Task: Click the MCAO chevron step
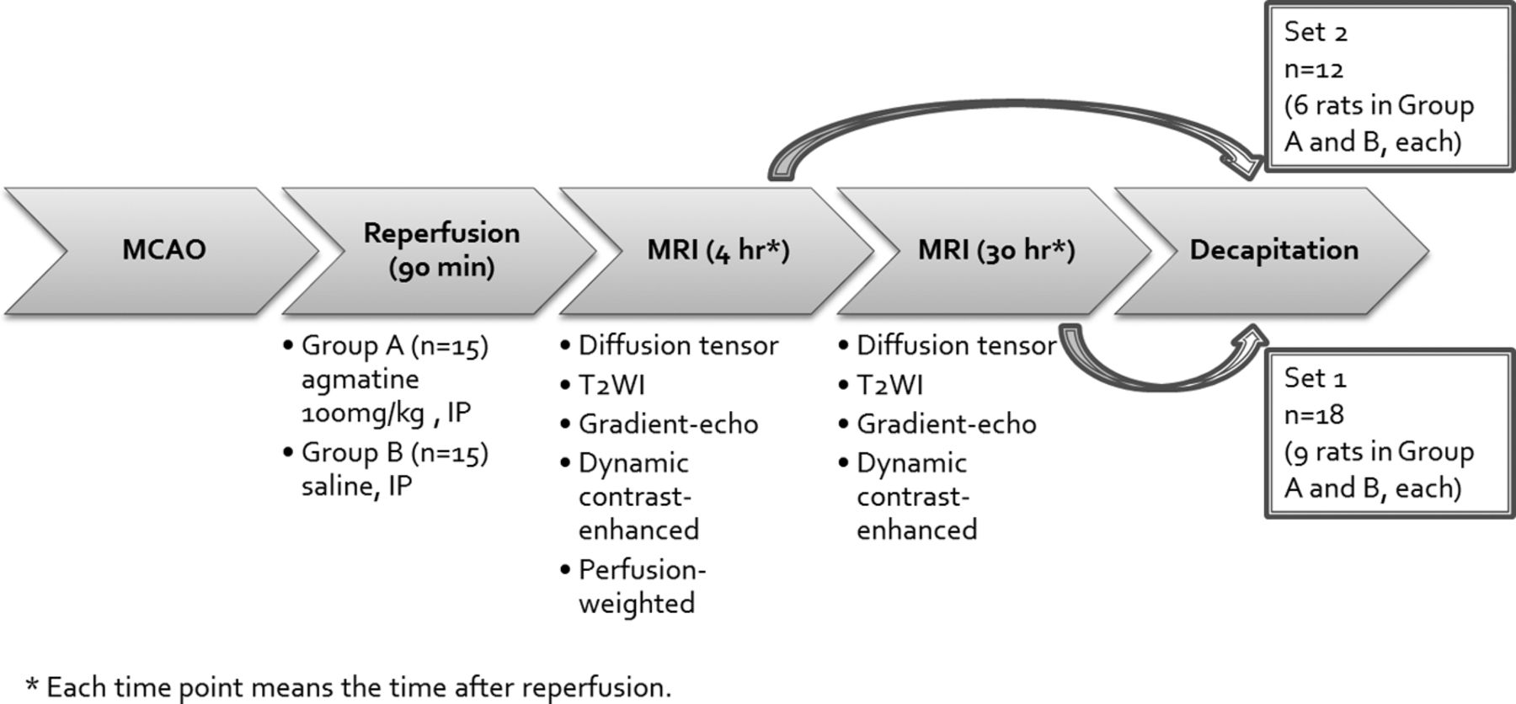coord(164,251)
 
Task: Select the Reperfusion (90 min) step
coord(441,251)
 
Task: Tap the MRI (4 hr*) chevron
coord(718,251)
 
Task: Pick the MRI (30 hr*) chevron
coord(996,251)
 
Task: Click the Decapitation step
coord(1273,251)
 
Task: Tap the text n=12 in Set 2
coord(1314,69)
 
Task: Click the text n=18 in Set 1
coord(1314,415)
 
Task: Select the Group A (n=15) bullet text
coord(395,346)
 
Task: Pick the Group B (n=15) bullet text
coord(395,453)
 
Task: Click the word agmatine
coord(360,381)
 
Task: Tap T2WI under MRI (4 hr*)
coord(611,385)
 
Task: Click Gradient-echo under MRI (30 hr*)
coord(947,424)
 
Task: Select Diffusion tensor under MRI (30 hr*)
coord(956,345)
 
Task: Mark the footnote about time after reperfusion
coord(350,687)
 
